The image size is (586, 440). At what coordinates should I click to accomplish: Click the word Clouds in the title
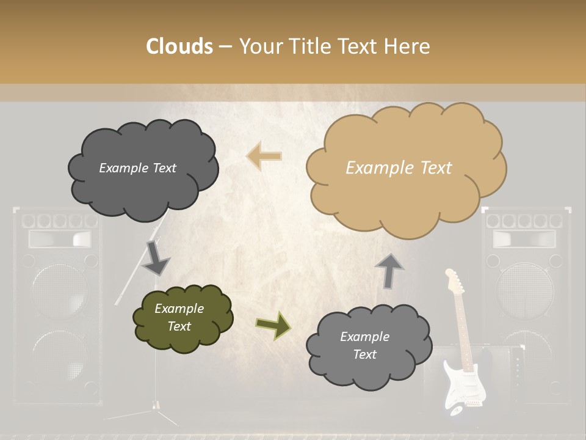pos(179,46)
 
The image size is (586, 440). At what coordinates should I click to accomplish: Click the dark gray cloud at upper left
pos(142,169)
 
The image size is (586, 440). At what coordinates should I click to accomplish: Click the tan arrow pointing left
pos(264,156)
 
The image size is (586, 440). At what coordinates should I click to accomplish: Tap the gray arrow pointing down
pos(155,258)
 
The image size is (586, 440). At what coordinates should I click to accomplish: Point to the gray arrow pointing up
pos(389,270)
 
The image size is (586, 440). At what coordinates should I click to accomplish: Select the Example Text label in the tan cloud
pos(399,168)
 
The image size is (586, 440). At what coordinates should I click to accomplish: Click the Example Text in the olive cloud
pos(179,317)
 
